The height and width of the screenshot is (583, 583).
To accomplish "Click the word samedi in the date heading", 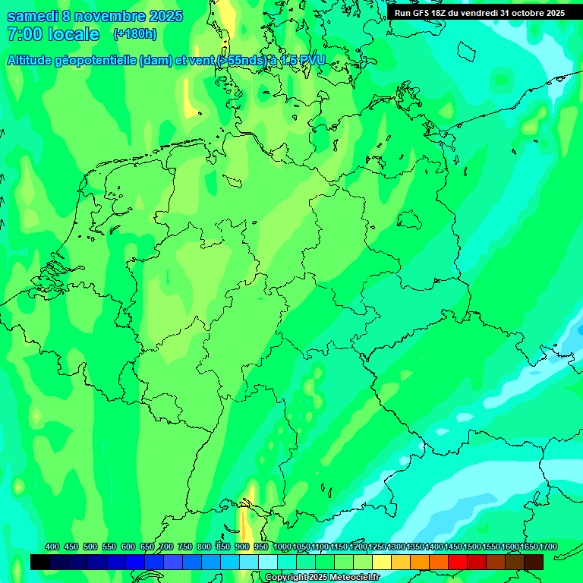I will pyautogui.click(x=33, y=16).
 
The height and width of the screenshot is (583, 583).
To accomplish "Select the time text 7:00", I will pyautogui.click(x=24, y=34).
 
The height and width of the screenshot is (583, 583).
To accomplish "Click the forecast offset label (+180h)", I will pyautogui.click(x=134, y=34).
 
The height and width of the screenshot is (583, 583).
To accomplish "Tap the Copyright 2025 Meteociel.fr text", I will pyautogui.click(x=322, y=578).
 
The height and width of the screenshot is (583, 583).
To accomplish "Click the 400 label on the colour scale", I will pyautogui.click(x=52, y=547).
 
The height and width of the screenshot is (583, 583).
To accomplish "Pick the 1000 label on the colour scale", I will pyautogui.click(x=282, y=547).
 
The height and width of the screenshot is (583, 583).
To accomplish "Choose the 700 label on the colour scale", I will pyautogui.click(x=166, y=547).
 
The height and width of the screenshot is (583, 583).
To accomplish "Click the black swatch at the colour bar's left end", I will pyautogui.click(x=40, y=562).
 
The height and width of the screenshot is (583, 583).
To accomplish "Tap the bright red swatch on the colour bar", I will pyautogui.click(x=458, y=562).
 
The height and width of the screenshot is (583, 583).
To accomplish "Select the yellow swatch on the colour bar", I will pyautogui.click(x=382, y=562).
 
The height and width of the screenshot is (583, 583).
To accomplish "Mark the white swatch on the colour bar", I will pyautogui.click(x=268, y=562).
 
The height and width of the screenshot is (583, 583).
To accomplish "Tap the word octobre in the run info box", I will pyautogui.click(x=525, y=13).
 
